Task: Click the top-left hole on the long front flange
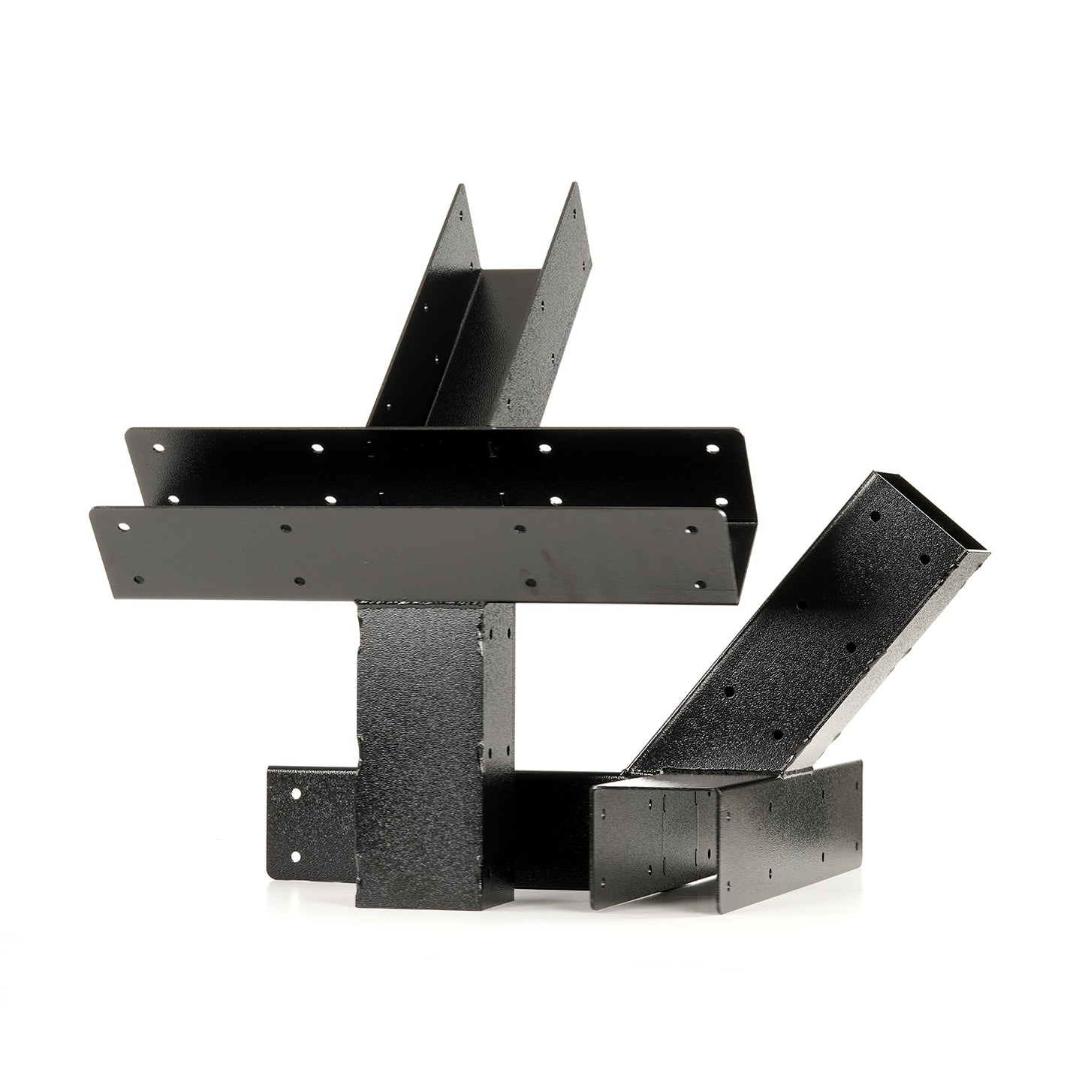click(x=122, y=526)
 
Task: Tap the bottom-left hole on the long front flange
click(x=137, y=580)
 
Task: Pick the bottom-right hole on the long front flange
click(x=699, y=584)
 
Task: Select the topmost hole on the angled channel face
click(x=875, y=517)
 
